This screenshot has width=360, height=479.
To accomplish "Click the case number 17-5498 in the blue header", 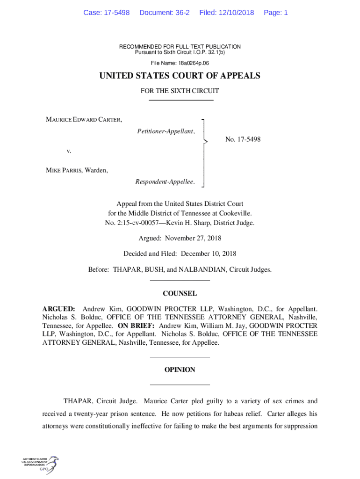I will (x=117, y=13).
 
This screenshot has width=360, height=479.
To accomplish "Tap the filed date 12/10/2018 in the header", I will (x=237, y=13).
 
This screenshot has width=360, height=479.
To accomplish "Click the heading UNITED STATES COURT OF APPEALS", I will (x=180, y=76).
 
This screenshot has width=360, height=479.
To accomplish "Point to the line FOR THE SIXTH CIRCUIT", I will (x=180, y=91).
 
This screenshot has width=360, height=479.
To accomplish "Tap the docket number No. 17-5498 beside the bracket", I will (x=243, y=139).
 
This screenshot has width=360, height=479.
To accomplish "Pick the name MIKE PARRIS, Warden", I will (x=77, y=170).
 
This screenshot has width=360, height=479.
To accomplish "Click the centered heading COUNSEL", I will (x=180, y=294).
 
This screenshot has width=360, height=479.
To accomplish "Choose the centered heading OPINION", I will (x=180, y=370).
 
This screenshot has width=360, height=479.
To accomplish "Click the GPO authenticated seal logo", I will (x=41, y=465).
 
